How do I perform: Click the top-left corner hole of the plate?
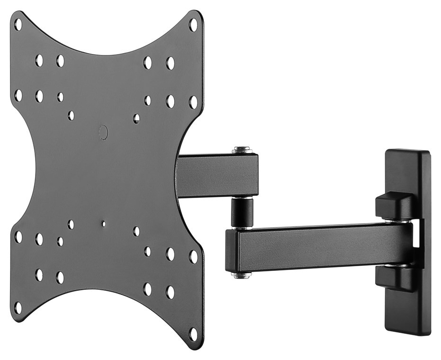click(18, 24)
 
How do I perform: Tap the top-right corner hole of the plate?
click(193, 24)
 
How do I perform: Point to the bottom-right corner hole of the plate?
click(193, 334)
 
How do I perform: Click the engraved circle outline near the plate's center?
click(104, 132)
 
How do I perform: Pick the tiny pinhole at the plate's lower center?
click(104, 223)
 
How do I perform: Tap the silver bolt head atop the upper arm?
click(242, 150)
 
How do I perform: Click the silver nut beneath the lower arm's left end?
click(241, 274)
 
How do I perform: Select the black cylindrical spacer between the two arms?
click(242, 213)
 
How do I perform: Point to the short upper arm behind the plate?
click(218, 175)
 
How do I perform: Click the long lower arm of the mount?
click(322, 246)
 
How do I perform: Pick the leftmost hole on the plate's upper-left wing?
click(18, 95)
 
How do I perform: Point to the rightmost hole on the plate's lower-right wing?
click(193, 256)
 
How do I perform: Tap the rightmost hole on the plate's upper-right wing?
click(193, 102)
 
